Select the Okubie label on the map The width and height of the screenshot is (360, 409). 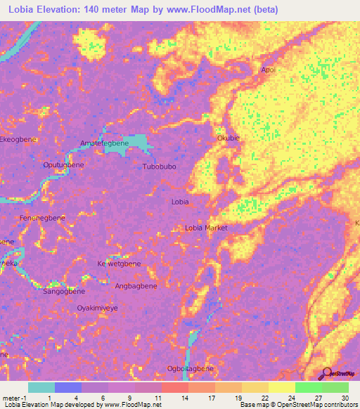[x=229, y=138]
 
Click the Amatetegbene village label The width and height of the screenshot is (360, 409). [x=104, y=143]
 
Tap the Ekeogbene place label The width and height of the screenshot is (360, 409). [x=18, y=140]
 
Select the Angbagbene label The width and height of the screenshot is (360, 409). [x=136, y=286]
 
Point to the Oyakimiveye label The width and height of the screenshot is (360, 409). [x=96, y=308]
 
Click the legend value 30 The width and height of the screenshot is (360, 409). [x=345, y=398]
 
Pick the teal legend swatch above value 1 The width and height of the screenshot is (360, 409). [x=41, y=387]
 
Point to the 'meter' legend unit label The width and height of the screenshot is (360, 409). [x=10, y=398]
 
